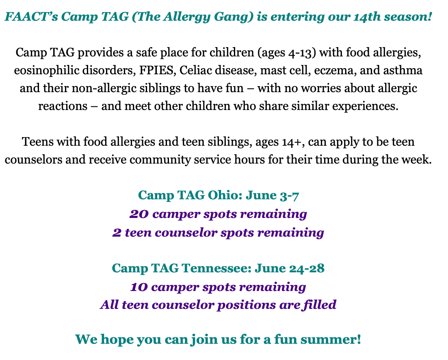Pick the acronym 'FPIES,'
(158, 71)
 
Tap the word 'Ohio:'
(225, 195)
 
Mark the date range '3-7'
(289, 196)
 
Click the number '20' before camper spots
(139, 214)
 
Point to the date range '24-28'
(307, 268)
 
